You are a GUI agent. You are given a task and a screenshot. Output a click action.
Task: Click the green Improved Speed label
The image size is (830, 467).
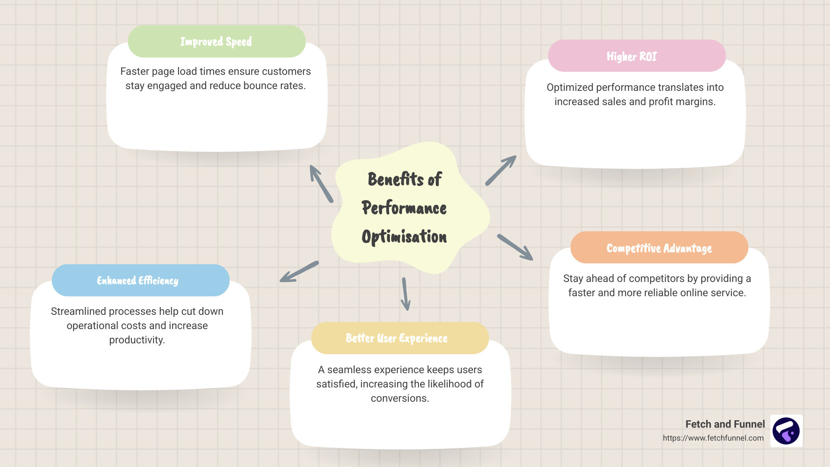pos(217,42)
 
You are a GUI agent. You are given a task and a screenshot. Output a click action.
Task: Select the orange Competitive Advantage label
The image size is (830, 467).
pos(659,248)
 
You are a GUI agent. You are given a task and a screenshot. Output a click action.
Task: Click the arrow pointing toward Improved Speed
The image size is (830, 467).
pos(321,184)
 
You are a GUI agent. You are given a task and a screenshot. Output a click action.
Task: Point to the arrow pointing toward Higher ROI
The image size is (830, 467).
pos(501,170)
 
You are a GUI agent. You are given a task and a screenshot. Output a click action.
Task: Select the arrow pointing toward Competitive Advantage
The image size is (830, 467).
pos(515,247)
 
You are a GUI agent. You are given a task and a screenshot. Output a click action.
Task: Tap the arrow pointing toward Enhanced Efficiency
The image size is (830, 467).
pos(299,272)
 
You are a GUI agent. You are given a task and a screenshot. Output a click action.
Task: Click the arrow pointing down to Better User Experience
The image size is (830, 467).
pos(405,294)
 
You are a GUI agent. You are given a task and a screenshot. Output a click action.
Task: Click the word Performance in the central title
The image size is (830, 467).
pos(404,208)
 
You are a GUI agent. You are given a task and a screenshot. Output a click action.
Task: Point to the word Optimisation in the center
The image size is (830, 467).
pos(404,237)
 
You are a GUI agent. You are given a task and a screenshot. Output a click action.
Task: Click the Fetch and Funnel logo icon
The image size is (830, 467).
pos(786,431)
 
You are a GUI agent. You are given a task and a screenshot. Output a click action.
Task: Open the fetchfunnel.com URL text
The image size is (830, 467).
pos(713,438)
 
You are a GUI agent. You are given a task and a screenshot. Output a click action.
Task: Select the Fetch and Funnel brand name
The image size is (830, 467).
pos(725,424)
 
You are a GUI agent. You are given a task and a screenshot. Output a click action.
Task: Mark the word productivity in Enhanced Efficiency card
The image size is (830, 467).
pos(137,340)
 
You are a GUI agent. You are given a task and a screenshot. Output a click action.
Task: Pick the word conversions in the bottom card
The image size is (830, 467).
pos(399,398)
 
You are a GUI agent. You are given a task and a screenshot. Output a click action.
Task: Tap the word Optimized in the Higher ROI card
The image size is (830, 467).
pos(569,87)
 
